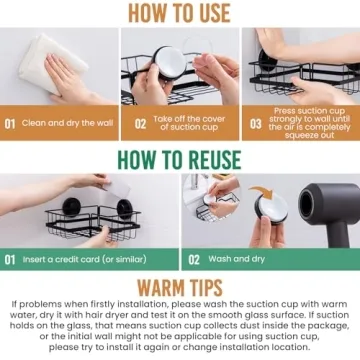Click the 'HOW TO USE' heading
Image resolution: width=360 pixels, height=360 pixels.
click(x=179, y=13)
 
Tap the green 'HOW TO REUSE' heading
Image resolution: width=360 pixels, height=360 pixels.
click(x=179, y=160)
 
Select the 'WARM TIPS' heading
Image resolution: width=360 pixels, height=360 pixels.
click(x=180, y=287)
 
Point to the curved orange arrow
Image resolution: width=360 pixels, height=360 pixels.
click(x=261, y=192)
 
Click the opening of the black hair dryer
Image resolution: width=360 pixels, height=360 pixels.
click(x=307, y=205)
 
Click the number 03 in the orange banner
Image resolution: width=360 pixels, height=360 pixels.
click(x=256, y=124)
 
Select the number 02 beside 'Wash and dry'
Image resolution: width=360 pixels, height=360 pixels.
click(x=194, y=260)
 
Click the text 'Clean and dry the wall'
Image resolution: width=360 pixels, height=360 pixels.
click(x=68, y=123)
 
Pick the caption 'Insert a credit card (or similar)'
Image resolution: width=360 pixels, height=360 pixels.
click(x=84, y=259)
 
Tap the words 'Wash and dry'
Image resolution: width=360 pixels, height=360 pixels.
click(x=236, y=259)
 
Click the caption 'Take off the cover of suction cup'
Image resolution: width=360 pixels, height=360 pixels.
click(x=189, y=123)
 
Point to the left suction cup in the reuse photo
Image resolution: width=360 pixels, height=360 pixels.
click(x=71, y=207)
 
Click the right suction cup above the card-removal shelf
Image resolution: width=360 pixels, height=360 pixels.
click(x=125, y=209)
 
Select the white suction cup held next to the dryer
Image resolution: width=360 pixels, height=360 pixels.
click(x=272, y=207)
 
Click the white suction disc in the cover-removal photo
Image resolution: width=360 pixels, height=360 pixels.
click(x=170, y=63)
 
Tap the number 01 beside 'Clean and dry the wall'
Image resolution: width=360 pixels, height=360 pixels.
click(x=10, y=124)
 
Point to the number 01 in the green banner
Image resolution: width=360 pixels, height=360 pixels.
click(x=10, y=260)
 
